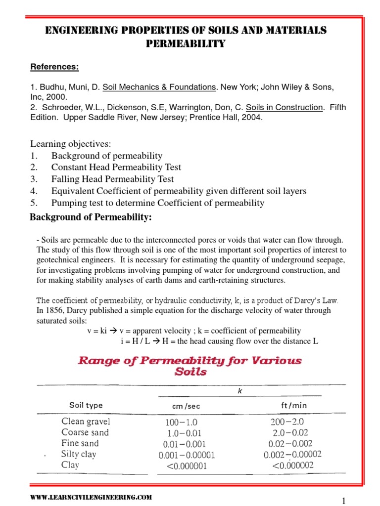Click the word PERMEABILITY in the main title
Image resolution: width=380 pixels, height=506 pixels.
click(186, 44)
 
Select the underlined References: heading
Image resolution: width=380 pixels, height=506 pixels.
click(54, 67)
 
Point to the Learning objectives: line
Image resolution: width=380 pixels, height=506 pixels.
click(71, 144)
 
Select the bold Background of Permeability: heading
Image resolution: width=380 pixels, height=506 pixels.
click(91, 218)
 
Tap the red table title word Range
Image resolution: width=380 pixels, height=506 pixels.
click(99, 360)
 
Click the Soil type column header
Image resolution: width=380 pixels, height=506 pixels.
click(86, 405)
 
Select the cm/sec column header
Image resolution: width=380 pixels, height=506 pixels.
click(183, 406)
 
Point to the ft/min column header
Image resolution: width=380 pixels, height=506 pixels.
click(290, 405)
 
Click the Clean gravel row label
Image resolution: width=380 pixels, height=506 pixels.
click(86, 422)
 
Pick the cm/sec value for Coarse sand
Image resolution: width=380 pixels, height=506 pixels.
click(183, 433)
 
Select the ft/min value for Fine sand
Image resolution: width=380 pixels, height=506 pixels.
click(290, 444)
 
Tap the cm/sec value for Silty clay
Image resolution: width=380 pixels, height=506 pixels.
click(187, 455)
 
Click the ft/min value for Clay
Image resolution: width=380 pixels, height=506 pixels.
click(292, 465)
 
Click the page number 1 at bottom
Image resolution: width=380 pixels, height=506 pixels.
click(344, 501)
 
